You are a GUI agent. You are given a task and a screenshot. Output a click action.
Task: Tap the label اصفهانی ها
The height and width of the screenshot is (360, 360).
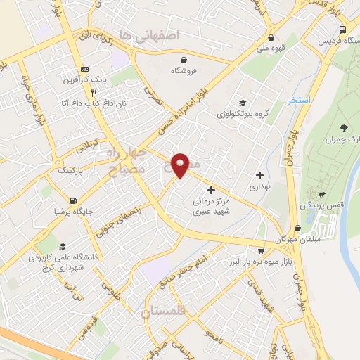pos(150,34)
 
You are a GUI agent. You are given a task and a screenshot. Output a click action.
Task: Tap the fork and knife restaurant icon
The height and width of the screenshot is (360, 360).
pos(94,92)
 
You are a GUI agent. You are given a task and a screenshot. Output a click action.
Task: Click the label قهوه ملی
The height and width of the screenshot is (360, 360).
pos(271,49)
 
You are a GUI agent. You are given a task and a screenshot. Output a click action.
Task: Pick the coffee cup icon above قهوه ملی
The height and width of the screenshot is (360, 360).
pos(271,38)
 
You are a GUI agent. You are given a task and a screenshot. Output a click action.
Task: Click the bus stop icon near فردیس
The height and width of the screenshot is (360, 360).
pos(342,30)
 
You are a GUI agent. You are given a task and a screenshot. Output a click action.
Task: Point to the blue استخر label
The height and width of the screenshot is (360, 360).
pos(299,101)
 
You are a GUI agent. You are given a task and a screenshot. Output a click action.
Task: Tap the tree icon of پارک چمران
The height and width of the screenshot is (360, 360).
pos(344,127)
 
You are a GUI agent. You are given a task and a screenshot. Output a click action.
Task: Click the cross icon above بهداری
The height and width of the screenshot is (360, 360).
pos(259,175)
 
